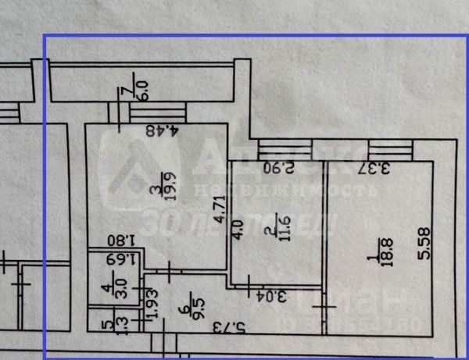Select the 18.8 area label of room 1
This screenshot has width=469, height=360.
pyautogui.click(x=385, y=252)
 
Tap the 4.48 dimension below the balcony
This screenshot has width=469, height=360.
pyautogui.click(x=160, y=130)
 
